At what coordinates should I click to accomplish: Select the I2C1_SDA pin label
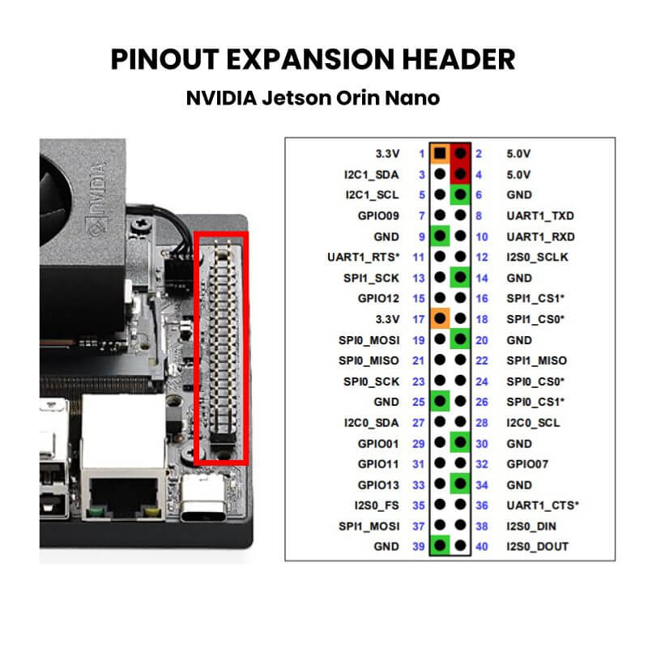372,175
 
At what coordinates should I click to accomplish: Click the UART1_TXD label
540,215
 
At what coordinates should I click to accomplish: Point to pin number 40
482,547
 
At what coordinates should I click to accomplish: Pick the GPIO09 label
378,215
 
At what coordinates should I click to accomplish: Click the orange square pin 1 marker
440,154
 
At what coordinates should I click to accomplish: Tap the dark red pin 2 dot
460,154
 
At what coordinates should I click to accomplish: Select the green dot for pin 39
440,545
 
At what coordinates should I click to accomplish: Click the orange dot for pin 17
440,318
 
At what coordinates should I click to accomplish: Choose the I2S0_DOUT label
537,547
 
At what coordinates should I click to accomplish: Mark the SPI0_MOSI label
369,340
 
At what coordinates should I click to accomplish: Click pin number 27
419,423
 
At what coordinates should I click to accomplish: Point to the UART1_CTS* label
543,505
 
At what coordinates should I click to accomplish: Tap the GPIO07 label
527,464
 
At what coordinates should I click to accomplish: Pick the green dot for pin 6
460,194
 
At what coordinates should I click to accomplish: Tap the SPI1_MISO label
536,360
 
